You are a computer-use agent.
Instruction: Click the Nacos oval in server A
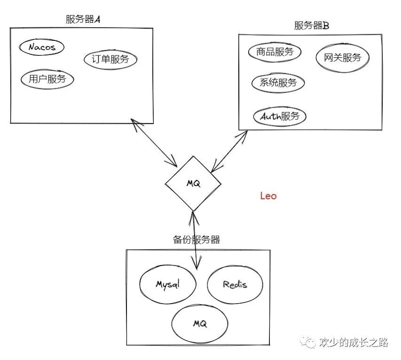(x=41, y=47)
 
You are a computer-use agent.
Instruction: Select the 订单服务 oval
(x=111, y=59)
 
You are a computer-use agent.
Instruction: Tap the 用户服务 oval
(x=47, y=78)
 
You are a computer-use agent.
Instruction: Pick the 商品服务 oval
(x=275, y=52)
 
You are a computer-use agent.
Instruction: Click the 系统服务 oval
(x=278, y=83)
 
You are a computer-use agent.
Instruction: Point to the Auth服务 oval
(x=280, y=116)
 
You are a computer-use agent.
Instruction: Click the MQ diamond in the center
(x=193, y=184)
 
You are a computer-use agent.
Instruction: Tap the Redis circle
(x=235, y=284)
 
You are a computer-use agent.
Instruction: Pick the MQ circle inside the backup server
(x=200, y=324)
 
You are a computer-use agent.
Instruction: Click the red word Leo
(x=268, y=196)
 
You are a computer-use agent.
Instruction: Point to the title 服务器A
(x=83, y=20)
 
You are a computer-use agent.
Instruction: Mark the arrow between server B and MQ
(x=230, y=151)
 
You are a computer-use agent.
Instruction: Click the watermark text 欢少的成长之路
(x=353, y=343)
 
